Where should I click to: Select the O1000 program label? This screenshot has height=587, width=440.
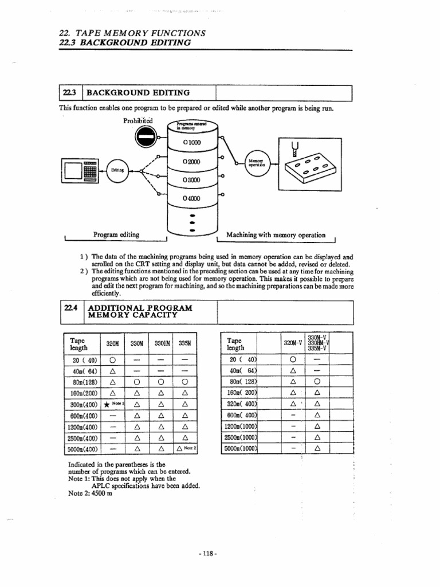[191, 142]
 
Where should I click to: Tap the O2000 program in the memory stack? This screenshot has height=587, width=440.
[191, 162]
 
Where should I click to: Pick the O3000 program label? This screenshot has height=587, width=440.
[191, 180]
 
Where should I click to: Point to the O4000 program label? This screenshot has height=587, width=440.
[191, 198]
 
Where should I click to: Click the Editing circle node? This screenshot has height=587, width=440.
[116, 170]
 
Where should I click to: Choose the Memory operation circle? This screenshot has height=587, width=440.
[255, 163]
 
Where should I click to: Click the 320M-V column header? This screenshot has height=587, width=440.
[292, 343]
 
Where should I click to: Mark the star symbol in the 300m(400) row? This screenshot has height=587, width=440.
[107, 405]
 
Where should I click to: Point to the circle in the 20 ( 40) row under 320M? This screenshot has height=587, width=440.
[113, 360]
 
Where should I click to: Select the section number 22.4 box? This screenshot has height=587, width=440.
[71, 308]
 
